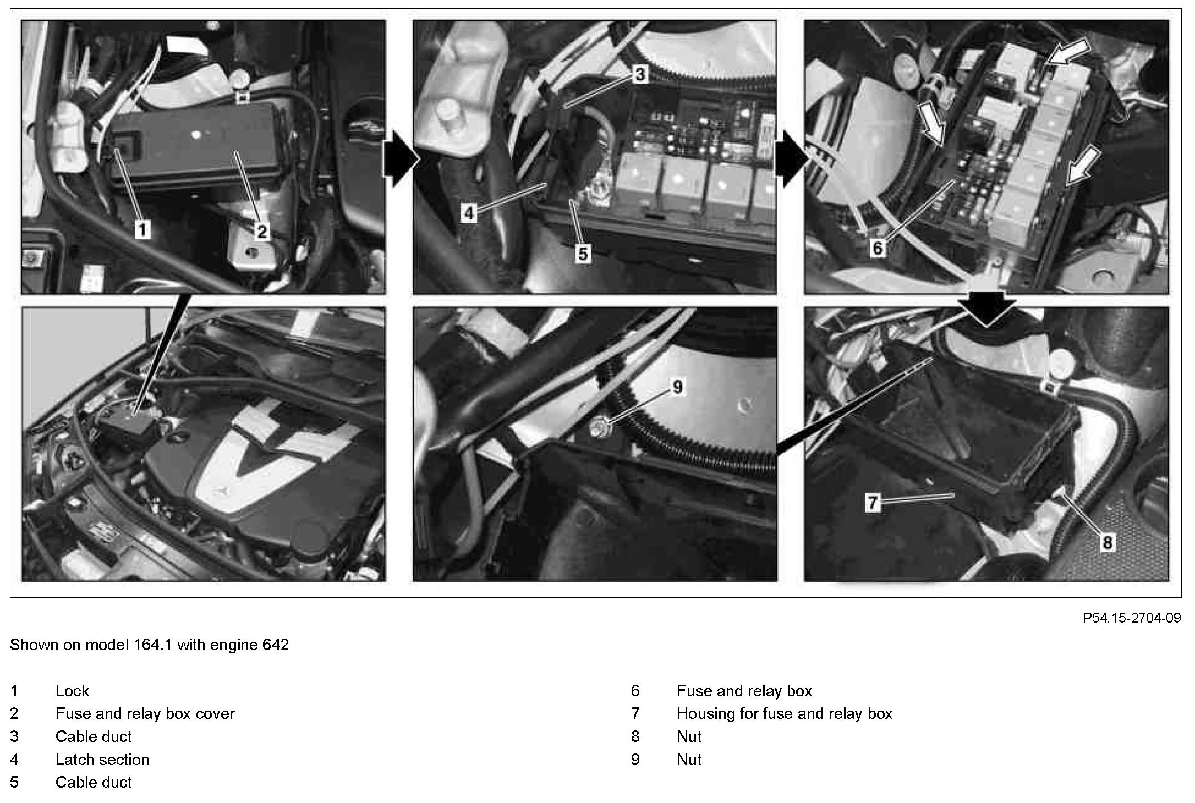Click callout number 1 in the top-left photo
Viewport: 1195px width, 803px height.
pos(142,229)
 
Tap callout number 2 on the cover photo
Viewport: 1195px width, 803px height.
pos(262,231)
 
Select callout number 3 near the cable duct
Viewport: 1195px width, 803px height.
pos(639,74)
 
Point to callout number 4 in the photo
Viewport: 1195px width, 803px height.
pos(469,213)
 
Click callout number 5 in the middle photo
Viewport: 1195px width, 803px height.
pos(583,254)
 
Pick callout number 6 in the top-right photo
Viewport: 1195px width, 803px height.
pos(878,248)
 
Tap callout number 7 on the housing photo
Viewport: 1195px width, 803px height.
pos(873,502)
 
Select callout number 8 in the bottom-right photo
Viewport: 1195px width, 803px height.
pos(1107,543)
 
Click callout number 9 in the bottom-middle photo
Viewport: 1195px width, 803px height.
pos(677,387)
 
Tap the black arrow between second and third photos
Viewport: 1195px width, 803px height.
pos(792,158)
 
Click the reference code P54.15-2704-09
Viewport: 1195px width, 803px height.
pos(1132,618)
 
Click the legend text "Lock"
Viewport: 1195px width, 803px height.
pos(72,691)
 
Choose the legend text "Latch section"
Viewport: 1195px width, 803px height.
pos(102,760)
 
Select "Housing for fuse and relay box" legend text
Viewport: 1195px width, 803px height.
pos(785,714)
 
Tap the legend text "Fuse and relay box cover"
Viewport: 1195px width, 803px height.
pos(145,714)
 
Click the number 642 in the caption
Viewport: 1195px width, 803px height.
pos(276,645)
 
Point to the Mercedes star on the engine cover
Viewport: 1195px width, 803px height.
pos(224,492)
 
